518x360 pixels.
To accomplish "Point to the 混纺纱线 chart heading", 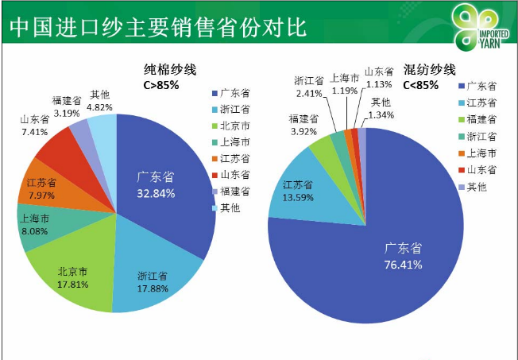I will point(429,68).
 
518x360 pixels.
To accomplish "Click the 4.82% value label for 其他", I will point(100,106).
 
